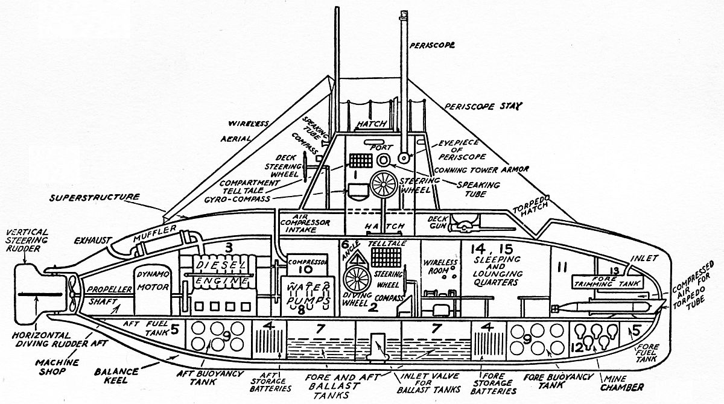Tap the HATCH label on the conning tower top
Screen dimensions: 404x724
[x=372, y=124]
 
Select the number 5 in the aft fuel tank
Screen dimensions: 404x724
[x=174, y=330]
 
